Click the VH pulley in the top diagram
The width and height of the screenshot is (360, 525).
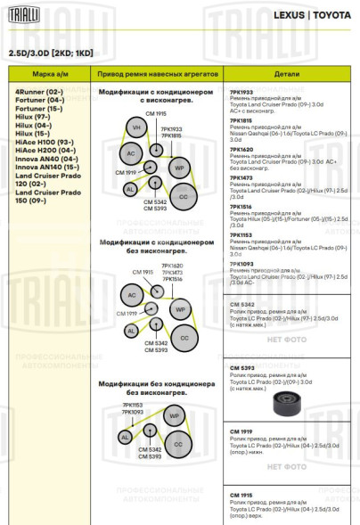136,128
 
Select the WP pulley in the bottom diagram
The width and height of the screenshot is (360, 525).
175,416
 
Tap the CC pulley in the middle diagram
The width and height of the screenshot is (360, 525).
184,338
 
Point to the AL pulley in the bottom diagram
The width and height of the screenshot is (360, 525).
125,437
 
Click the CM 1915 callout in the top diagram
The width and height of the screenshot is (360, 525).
155,114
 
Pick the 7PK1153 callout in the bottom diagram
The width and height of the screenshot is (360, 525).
133,405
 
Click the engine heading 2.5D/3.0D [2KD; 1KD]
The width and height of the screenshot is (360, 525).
51,53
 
